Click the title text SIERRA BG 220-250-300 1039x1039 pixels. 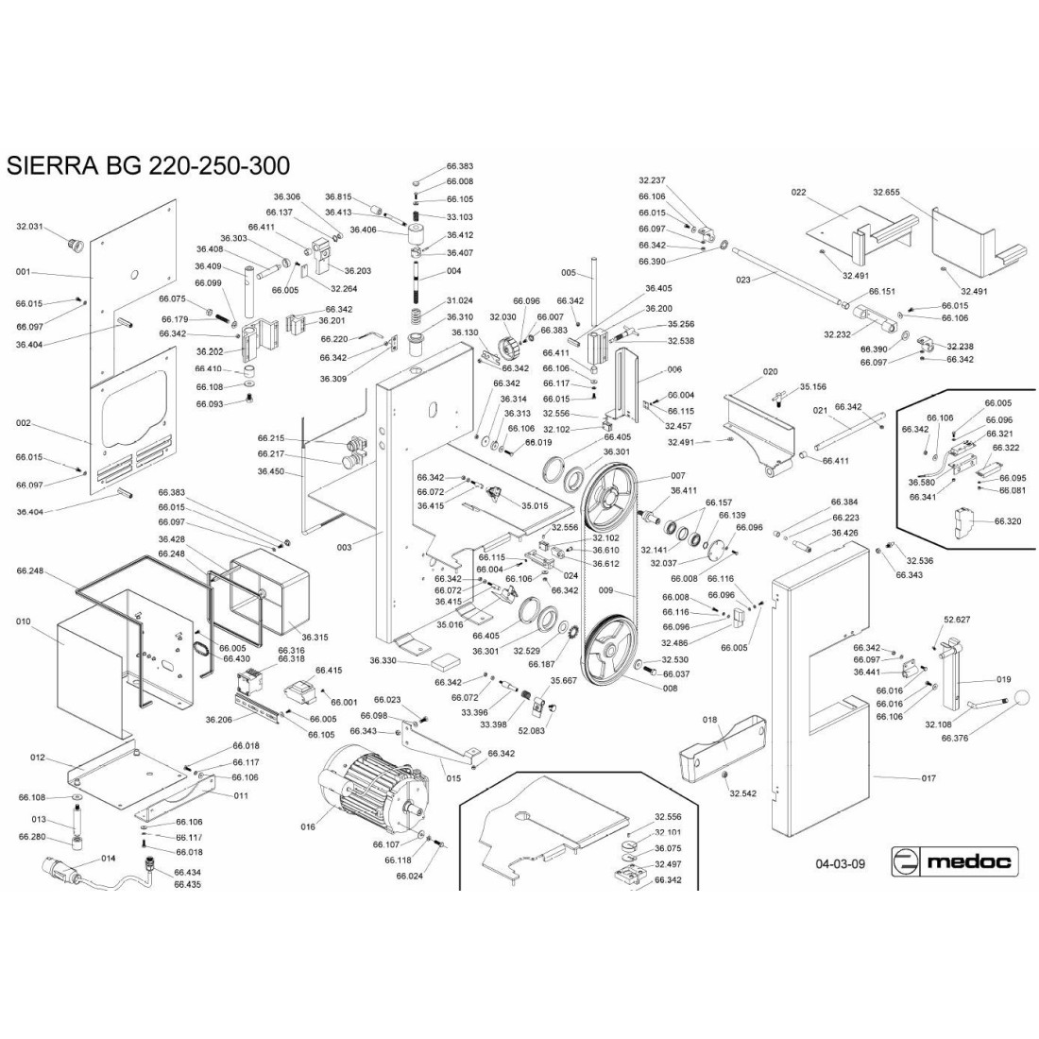[143, 166]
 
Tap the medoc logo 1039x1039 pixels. [954, 861]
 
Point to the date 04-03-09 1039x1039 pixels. [840, 863]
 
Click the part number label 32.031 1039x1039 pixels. [31, 227]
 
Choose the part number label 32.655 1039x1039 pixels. [888, 192]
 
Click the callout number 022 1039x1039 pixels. [798, 192]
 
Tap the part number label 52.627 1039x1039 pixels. [957, 619]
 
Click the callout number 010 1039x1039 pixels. [25, 622]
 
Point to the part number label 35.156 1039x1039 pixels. [812, 386]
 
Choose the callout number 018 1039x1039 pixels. [710, 720]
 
